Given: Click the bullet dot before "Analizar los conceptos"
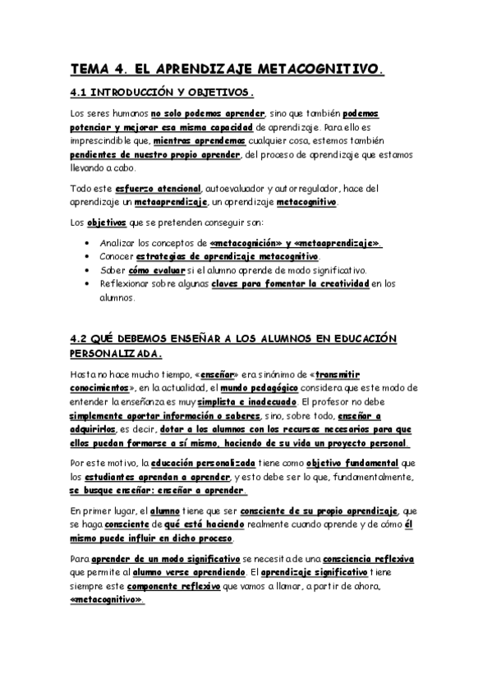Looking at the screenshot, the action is (x=88, y=244).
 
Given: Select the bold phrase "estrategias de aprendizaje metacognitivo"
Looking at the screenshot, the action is (x=233, y=257).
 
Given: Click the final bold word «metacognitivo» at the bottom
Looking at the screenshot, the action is (x=107, y=600).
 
